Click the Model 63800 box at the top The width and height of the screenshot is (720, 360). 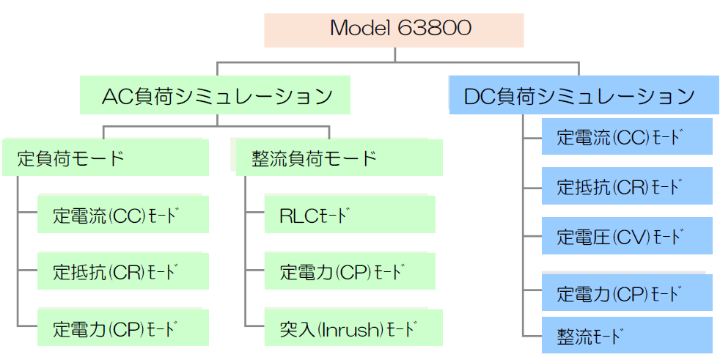[x=394, y=30]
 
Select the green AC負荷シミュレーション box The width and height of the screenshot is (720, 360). [x=215, y=95]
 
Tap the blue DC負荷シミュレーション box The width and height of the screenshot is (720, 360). [x=584, y=95]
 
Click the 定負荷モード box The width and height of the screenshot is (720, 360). [x=105, y=158]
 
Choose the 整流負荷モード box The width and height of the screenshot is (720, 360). [x=339, y=158]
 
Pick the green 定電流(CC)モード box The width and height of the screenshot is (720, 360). [x=123, y=214]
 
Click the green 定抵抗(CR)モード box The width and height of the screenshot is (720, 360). [x=123, y=271]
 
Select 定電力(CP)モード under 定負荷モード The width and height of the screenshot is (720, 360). [x=123, y=328]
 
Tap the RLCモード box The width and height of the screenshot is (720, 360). [x=350, y=214]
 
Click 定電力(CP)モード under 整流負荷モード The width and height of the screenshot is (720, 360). [x=350, y=271]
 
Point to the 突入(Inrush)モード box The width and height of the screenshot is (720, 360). [x=353, y=328]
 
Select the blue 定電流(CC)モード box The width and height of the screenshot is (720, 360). [x=627, y=136]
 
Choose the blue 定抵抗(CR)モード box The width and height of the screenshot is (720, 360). [x=627, y=186]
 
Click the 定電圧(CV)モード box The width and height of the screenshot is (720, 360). [x=627, y=236]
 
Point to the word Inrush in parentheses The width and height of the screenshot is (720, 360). [x=354, y=328]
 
